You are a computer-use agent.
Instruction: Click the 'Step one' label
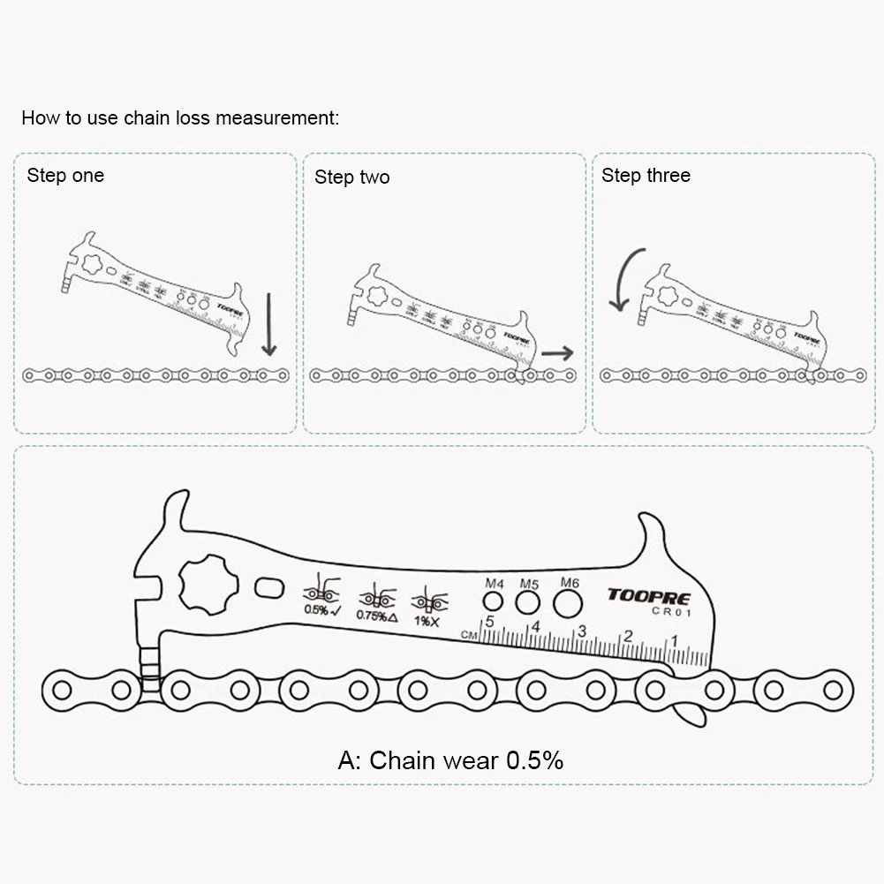pos(65,175)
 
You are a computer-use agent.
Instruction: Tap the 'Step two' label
pos(351,178)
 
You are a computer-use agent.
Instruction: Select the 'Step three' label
pos(646,175)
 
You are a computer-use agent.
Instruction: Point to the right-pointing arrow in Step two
pos(556,353)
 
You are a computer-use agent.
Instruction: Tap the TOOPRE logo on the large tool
pos(648,596)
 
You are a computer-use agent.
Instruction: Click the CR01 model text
pos(670,611)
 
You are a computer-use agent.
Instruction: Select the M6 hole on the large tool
pos(569,604)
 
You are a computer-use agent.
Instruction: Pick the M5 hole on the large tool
pos(528,603)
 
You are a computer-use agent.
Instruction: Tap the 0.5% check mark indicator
pos(321,608)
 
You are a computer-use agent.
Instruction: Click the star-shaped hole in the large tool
pos(208,584)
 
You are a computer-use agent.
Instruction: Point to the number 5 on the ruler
pos(489,623)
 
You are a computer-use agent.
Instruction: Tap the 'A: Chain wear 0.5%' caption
pos(450,760)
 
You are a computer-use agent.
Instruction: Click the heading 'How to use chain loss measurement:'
pos(180,118)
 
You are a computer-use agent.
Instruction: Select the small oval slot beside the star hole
pos(268,587)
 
